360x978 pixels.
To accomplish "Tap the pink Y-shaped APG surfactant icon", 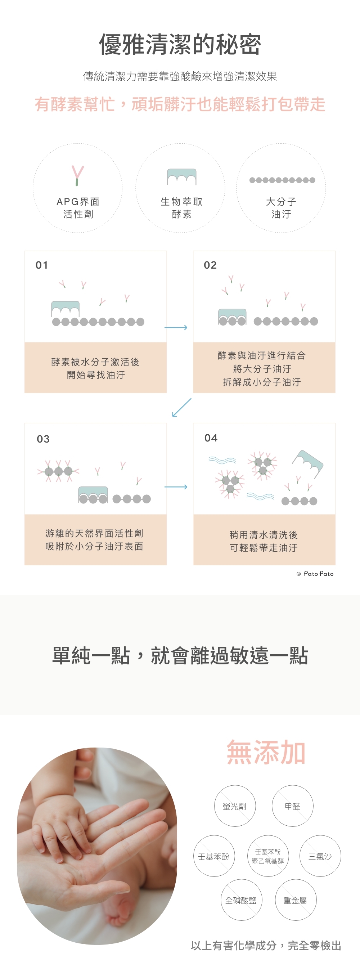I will click(77, 175).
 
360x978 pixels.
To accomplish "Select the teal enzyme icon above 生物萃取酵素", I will click(181, 176).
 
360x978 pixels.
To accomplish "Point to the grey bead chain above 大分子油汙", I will click(282, 180).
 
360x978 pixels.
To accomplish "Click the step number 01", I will click(42, 265).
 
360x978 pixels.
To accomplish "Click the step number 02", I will click(210, 265).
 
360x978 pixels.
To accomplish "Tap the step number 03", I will click(43, 439).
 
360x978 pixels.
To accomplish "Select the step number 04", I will click(211, 438).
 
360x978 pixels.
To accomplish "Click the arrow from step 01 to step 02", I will click(176, 327).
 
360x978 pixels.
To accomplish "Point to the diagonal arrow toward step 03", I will click(181, 407).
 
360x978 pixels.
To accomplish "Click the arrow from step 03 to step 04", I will click(176, 487).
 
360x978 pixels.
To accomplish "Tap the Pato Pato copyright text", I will click(315, 574).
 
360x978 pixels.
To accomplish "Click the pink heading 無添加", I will click(266, 752).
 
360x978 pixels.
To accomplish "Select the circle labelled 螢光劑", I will click(235, 806).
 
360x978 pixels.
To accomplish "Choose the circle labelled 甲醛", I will click(292, 806).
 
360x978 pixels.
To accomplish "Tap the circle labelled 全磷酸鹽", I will click(241, 900).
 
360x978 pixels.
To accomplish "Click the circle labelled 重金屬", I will click(296, 900).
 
